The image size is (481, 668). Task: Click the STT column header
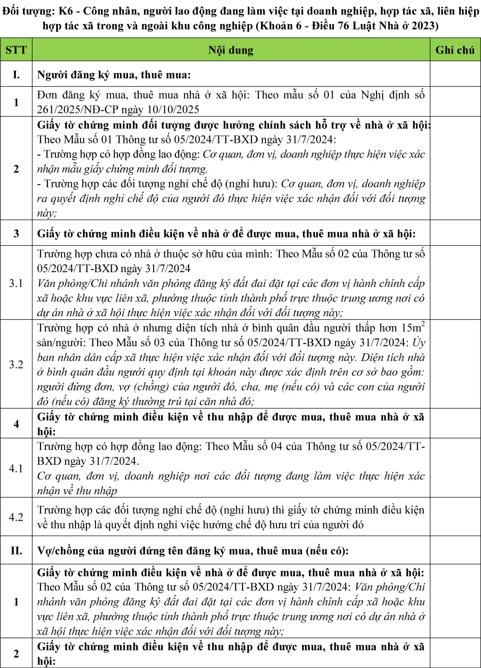coord(16,50)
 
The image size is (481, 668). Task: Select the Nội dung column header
coord(231,50)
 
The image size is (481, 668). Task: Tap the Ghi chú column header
coord(455,50)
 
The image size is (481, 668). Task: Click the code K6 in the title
coord(65,11)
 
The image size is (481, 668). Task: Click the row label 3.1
coord(16,283)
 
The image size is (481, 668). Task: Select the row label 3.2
coord(16,364)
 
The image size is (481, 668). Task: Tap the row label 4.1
coord(16,468)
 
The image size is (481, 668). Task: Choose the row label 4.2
coord(16,517)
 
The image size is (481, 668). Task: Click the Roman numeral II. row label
coord(16,550)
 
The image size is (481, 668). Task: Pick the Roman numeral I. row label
coord(16,74)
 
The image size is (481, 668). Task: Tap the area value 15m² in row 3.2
coord(413,328)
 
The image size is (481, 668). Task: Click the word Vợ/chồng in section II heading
coord(60,551)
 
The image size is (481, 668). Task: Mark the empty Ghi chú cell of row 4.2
coord(455,517)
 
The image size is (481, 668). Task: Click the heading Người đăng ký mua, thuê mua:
coord(114,75)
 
